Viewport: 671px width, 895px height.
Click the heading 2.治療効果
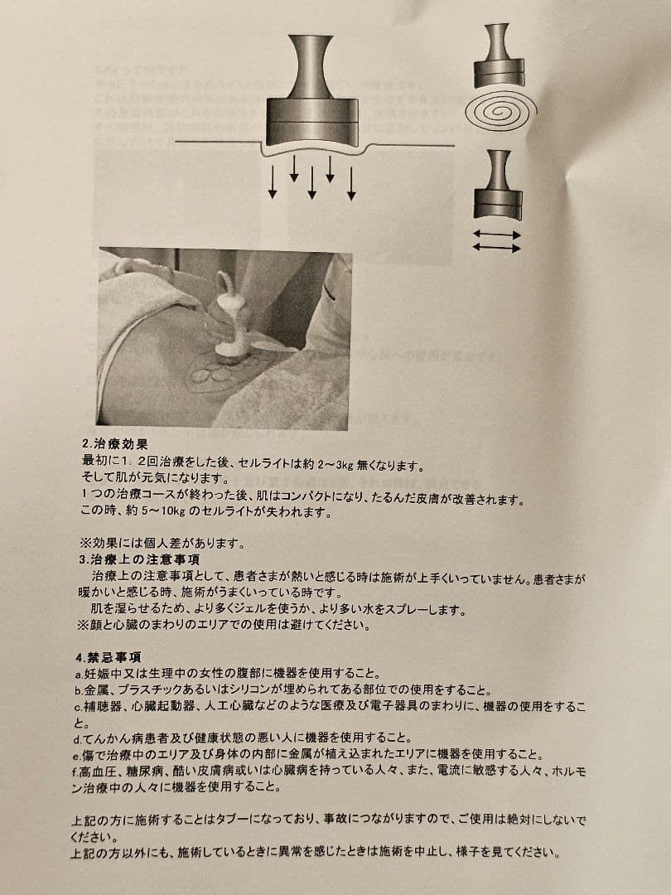114,444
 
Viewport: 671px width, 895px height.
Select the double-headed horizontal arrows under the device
496,241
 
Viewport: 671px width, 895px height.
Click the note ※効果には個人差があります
162,544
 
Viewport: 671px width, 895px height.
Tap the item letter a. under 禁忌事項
78,674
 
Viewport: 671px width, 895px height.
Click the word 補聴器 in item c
103,707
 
